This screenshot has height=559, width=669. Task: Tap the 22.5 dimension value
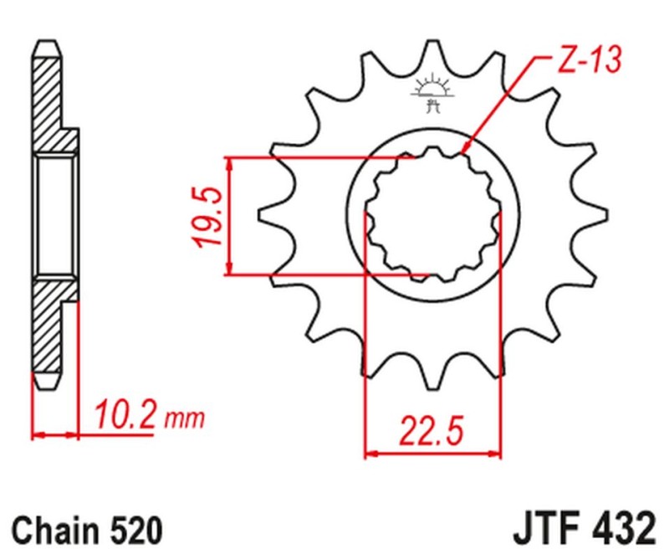(431, 433)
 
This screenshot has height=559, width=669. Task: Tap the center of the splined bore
(433, 216)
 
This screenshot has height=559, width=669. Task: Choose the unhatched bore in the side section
(56, 216)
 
